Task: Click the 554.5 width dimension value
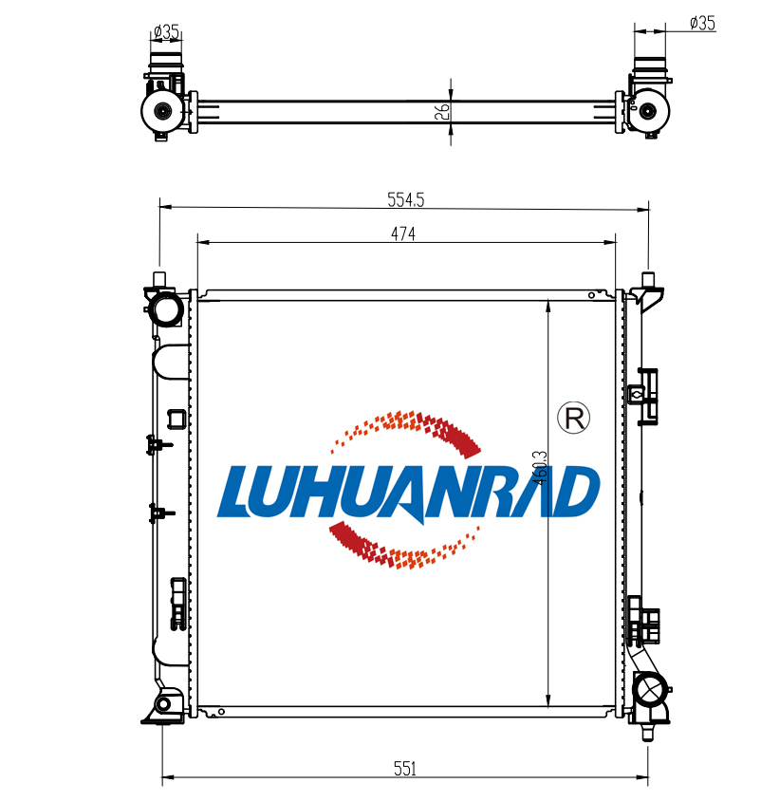(405, 199)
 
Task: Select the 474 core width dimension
(403, 233)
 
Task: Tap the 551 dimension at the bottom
(405, 768)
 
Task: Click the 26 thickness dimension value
(442, 111)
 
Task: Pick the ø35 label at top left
(166, 31)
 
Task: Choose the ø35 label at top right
(702, 23)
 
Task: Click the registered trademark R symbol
(573, 418)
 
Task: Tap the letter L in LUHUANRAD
(239, 491)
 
